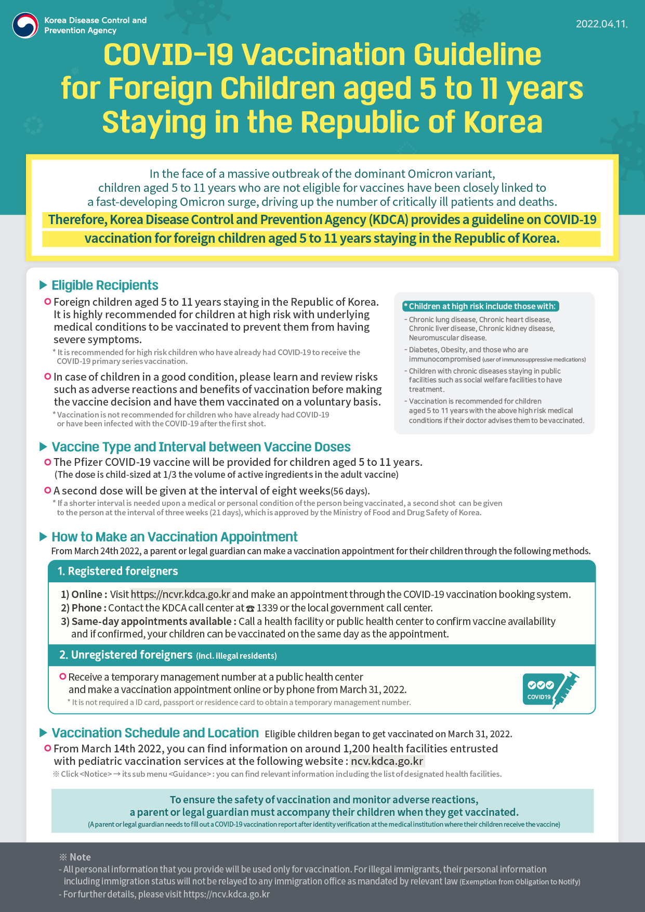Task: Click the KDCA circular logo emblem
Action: (25, 25)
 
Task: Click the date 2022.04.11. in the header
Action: (601, 24)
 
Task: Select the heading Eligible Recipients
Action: (104, 285)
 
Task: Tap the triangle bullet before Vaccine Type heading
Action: (44, 447)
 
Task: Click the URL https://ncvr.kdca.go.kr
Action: (180, 594)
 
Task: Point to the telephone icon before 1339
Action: (250, 608)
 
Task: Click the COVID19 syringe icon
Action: (551, 689)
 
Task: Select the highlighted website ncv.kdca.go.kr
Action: (387, 761)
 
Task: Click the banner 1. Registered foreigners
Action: (117, 571)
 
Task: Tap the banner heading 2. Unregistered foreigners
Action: (126, 655)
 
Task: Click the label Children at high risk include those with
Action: (481, 306)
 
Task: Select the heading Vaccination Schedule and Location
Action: (155, 733)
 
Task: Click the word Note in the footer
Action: (80, 857)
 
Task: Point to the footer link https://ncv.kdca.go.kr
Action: (226, 894)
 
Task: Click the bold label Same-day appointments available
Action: (151, 621)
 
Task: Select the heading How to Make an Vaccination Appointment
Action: (174, 537)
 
